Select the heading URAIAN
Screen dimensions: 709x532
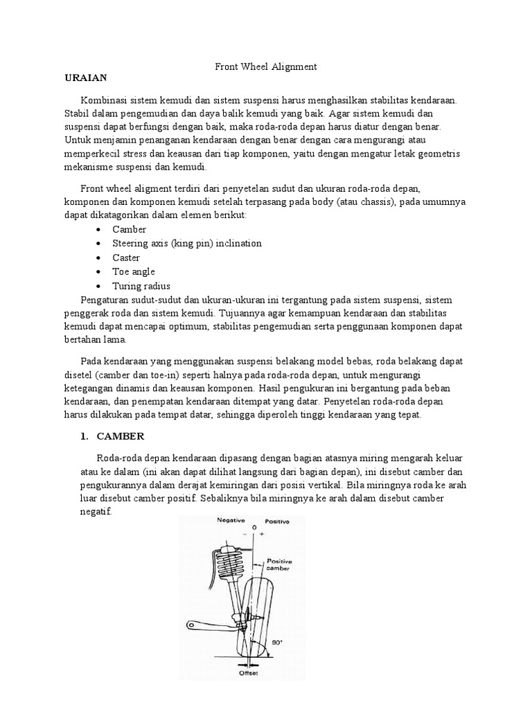coord(86,78)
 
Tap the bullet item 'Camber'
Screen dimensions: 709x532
coord(130,229)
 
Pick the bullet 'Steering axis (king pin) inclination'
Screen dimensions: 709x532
coord(187,243)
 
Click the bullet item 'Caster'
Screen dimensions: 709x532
coord(126,258)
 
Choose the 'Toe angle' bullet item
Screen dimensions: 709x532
coord(134,271)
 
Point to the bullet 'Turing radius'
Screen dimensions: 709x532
coord(141,286)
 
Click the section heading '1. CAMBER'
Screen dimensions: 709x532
coord(112,436)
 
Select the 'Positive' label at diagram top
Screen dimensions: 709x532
coord(275,520)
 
